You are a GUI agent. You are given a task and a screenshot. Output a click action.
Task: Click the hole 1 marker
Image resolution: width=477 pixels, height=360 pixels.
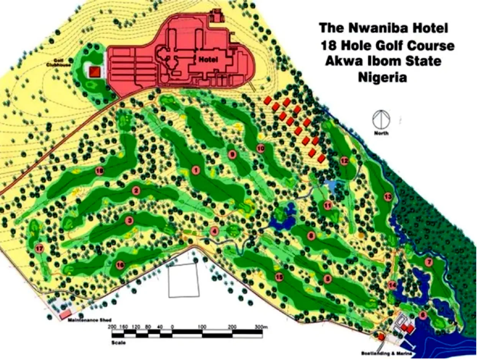(196, 170)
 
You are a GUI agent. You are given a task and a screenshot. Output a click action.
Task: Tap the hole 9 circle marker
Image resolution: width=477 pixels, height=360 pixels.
(231, 155)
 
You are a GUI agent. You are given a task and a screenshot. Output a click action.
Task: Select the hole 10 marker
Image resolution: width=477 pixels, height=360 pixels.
(261, 149)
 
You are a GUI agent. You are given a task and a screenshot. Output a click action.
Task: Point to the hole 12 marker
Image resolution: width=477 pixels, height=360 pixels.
(344, 161)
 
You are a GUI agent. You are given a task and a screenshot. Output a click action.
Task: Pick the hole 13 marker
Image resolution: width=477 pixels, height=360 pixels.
(388, 197)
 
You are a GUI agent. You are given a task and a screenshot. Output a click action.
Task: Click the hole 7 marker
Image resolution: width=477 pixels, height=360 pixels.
(428, 262)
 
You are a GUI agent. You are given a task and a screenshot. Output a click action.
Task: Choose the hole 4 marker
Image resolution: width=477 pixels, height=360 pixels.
(215, 231)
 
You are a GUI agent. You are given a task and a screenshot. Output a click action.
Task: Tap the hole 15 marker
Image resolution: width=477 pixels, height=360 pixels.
(279, 277)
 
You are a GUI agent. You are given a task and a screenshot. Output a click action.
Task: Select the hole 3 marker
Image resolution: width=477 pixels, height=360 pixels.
(129, 220)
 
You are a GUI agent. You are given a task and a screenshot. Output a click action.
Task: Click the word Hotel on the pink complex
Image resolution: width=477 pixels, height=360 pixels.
(208, 60)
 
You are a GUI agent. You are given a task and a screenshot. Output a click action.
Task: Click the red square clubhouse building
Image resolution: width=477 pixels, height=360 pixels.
(94, 72)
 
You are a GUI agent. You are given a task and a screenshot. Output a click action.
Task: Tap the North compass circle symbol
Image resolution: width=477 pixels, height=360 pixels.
(382, 119)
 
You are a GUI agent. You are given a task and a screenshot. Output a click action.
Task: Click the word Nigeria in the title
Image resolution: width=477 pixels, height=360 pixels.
(382, 78)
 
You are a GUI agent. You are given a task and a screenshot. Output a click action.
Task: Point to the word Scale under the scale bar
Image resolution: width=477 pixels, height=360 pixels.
(119, 342)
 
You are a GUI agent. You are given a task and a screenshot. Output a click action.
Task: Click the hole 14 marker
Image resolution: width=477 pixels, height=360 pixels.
(392, 285)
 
